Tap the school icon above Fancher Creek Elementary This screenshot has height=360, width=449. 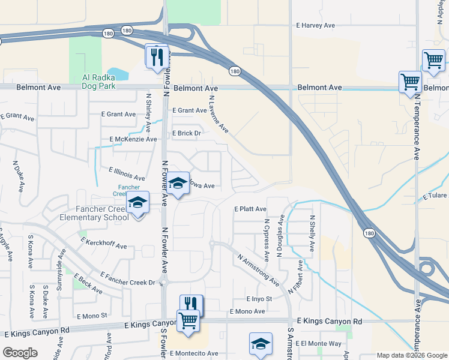pos(138,204)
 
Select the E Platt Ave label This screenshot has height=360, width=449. pos(250,209)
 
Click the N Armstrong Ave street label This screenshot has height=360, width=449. pos(259,270)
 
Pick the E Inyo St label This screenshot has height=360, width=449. pos(259,299)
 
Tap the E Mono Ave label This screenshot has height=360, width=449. pos(247,311)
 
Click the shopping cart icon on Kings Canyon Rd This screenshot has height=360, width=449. pos(188,321)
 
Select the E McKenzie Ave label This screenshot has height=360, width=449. pos(133,139)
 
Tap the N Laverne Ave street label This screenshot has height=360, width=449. pos(218,113)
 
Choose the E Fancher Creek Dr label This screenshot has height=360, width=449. pos(128,278)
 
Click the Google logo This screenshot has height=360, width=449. pos(20,352)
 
